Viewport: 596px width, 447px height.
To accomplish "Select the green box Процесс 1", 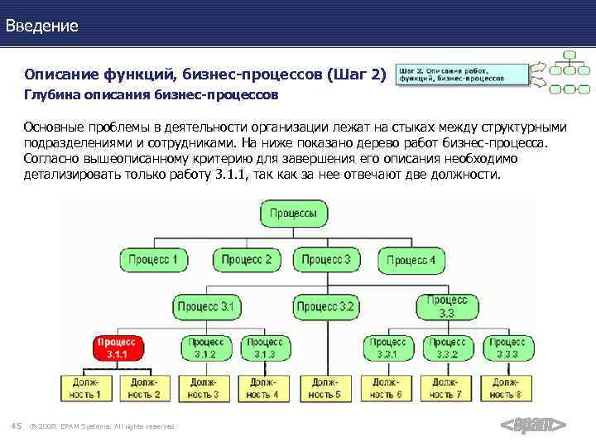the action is pyautogui.click(x=153, y=260).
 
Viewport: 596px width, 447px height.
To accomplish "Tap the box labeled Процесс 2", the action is pyautogui.click(x=246, y=260).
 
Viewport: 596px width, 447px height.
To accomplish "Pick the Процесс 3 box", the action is pyautogui.click(x=325, y=260).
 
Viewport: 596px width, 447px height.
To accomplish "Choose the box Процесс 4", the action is pyautogui.click(x=411, y=260).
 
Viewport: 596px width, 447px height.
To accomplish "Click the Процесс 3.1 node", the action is pyautogui.click(x=208, y=306).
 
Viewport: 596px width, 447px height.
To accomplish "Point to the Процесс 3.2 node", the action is pyautogui.click(x=325, y=306).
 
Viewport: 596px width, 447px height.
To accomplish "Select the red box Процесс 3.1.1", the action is pyautogui.click(x=116, y=348).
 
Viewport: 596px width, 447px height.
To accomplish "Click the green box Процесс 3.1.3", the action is pyautogui.click(x=265, y=348).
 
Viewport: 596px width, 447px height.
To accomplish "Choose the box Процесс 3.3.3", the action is pyautogui.click(x=507, y=348).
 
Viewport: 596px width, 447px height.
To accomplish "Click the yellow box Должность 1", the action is pyautogui.click(x=84, y=388).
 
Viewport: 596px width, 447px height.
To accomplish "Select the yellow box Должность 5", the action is pyautogui.click(x=324, y=388).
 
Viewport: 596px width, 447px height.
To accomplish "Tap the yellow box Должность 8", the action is pyautogui.click(x=507, y=388).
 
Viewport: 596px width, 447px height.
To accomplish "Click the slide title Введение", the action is pyautogui.click(x=42, y=26).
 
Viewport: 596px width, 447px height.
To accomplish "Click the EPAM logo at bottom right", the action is pyautogui.click(x=534, y=425).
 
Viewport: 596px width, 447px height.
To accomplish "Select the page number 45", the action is pyautogui.click(x=16, y=425).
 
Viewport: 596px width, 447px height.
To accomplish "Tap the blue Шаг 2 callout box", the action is pyautogui.click(x=462, y=74).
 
